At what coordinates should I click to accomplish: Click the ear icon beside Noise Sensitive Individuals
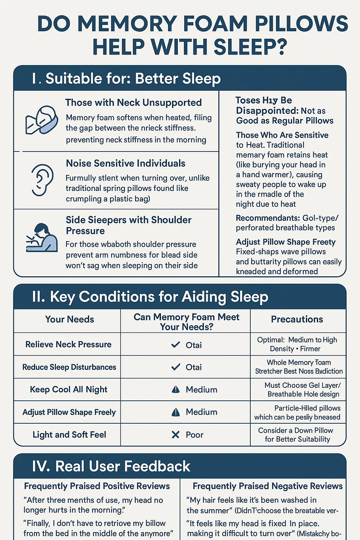point(42,180)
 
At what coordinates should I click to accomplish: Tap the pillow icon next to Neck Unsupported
point(42,120)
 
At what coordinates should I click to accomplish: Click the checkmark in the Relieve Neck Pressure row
point(175,345)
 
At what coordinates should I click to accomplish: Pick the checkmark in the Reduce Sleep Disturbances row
point(175,367)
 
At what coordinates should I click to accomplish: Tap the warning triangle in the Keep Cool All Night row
point(175,390)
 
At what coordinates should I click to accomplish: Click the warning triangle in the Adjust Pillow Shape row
point(175,412)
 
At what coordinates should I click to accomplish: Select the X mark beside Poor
point(175,435)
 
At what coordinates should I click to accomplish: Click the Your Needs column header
point(70,319)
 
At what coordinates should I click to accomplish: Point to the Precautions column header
point(297,319)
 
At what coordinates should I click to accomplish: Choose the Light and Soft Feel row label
point(69,435)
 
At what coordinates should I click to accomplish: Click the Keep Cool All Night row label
point(69,390)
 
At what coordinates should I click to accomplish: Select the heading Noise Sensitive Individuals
point(126,163)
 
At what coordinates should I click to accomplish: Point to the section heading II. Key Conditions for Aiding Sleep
point(150,297)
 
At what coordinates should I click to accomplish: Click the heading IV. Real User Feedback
point(111,467)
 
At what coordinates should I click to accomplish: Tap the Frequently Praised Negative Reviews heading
point(268,486)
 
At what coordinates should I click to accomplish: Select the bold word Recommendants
point(268,218)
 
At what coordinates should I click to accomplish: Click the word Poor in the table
point(194,435)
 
